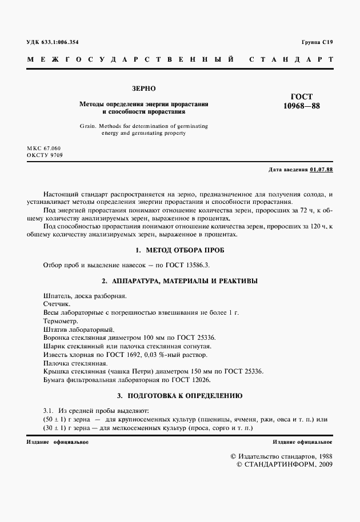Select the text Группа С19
click(317, 43)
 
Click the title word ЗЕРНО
click(143, 89)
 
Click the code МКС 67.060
click(43, 148)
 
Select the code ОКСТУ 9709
click(44, 155)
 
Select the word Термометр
click(61, 321)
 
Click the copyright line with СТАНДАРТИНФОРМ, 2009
click(284, 464)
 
